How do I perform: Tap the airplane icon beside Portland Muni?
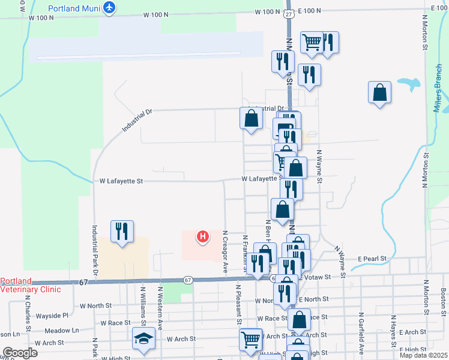[x=109, y=7]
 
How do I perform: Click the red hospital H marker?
[x=203, y=238]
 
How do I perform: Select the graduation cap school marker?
[x=143, y=339]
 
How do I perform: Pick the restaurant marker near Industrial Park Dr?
[x=122, y=231]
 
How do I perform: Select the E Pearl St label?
[x=374, y=259]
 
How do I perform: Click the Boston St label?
[x=443, y=299]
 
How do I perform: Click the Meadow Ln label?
[x=62, y=331]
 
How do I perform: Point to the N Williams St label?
[x=143, y=307]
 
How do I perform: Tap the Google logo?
[x=20, y=353]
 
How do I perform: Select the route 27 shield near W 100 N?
[x=289, y=13]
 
